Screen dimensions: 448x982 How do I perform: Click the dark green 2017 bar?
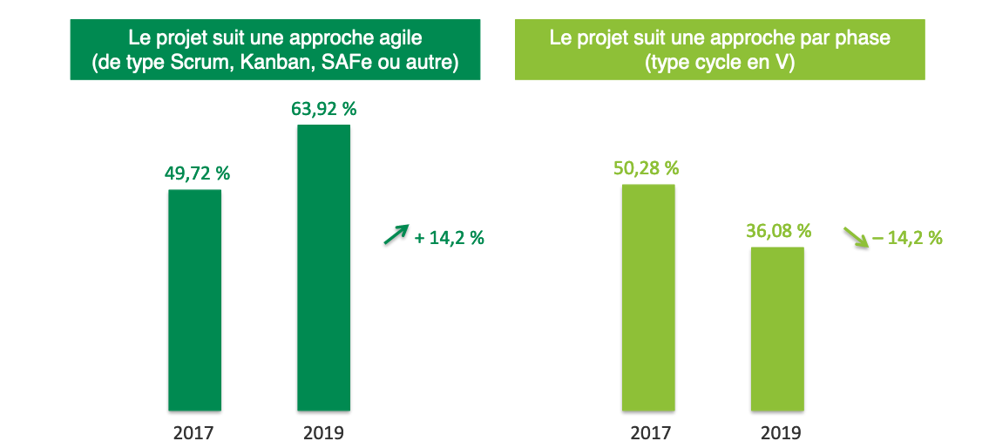[194, 299]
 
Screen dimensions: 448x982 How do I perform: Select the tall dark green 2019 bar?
[323, 267]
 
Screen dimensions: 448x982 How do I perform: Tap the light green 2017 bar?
[648, 296]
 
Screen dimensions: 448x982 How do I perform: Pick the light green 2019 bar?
[777, 328]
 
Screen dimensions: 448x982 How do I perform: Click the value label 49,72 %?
[198, 173]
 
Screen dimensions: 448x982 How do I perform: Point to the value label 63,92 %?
[323, 110]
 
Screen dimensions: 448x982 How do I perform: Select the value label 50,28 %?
[646, 167]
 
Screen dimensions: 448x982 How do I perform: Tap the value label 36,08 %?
[778, 231]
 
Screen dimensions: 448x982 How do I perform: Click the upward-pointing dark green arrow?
[396, 234]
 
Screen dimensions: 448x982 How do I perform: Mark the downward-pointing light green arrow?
[856, 237]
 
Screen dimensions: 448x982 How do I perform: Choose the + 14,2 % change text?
[449, 237]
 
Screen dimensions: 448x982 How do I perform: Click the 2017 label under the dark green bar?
[193, 431]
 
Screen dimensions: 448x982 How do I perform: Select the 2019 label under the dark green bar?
[323, 431]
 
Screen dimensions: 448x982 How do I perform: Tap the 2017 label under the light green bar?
[649, 431]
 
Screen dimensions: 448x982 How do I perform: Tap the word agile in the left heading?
[403, 39]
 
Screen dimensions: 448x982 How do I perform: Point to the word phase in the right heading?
[865, 39]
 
